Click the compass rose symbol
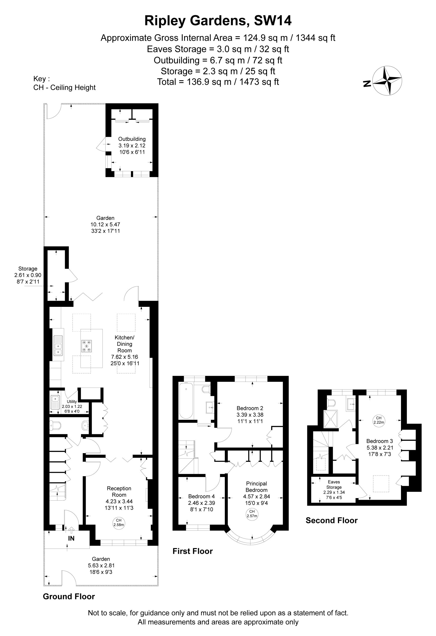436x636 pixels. click(x=388, y=80)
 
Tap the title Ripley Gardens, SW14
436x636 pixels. click(x=218, y=21)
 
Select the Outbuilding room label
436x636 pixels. click(x=132, y=139)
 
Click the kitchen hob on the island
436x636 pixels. click(x=86, y=346)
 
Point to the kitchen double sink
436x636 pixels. click(x=58, y=346)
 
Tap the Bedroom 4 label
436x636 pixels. click(x=201, y=496)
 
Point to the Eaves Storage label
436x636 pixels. click(x=334, y=485)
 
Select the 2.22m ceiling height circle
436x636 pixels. click(x=379, y=420)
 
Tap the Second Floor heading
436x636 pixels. click(x=331, y=520)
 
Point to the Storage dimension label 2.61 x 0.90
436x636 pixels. click(x=28, y=275)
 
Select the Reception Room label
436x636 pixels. click(x=119, y=491)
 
